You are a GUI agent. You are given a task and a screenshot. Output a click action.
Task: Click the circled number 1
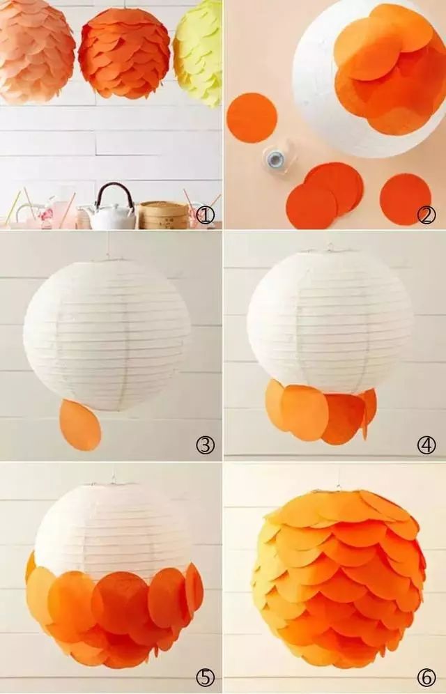point(205,215)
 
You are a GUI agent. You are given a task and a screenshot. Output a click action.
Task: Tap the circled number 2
point(426,215)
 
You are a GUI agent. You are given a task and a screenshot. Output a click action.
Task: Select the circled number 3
point(205,445)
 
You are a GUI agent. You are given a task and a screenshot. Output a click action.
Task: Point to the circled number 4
point(426,445)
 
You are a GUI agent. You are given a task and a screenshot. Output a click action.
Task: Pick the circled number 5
point(205,677)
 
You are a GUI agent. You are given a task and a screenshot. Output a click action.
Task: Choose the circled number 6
point(426,677)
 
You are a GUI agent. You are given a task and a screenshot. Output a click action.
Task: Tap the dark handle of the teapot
point(114,191)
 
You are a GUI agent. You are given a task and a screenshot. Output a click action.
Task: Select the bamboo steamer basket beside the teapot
point(163,215)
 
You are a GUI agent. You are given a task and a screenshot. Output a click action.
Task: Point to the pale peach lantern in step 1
point(36,51)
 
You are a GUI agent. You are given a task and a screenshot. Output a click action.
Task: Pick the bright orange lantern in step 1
point(124,53)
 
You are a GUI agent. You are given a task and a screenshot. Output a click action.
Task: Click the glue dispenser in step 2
point(276,157)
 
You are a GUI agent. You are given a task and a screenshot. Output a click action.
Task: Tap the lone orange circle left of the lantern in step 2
point(252,118)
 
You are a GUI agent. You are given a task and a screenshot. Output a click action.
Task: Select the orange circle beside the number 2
point(406,199)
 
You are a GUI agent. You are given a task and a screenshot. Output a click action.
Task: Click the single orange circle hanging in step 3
point(80,425)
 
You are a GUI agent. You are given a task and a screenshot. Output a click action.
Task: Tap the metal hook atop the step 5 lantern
point(114,479)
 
